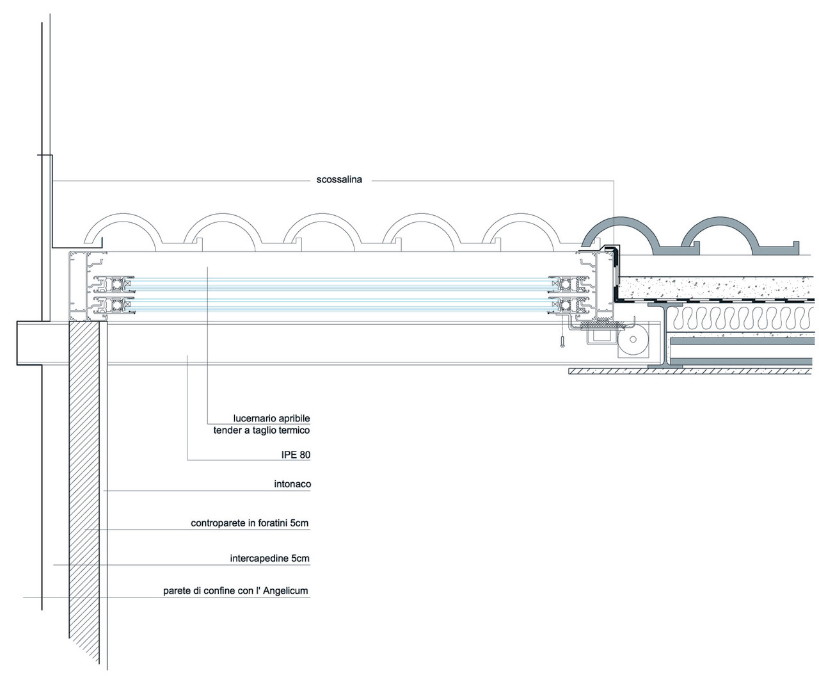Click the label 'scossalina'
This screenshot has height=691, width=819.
[339, 180]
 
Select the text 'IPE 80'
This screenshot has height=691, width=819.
[296, 455]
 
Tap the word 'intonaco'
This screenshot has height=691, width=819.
[292, 484]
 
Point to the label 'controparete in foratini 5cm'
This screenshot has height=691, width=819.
[250, 523]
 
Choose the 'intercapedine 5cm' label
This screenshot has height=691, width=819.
[269, 558]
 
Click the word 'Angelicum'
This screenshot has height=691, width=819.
[285, 591]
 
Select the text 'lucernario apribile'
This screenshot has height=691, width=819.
[271, 419]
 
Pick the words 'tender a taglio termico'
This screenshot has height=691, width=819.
[261, 430]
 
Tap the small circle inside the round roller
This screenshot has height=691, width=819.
[633, 339]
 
